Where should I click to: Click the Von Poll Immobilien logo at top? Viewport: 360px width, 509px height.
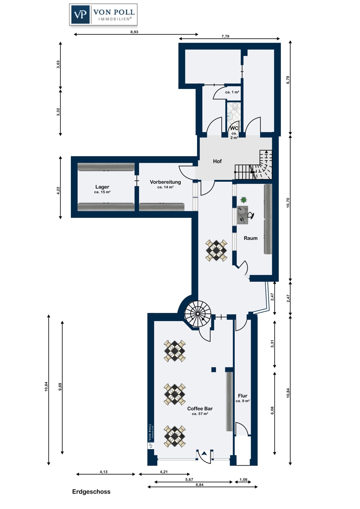103,15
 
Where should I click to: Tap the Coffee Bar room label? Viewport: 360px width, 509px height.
200,409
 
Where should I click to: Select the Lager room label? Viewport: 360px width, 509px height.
102,187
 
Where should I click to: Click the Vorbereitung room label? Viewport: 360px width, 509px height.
165,182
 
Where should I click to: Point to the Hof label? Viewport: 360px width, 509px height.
217,162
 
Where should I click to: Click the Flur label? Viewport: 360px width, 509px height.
242,396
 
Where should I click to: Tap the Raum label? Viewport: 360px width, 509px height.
251,238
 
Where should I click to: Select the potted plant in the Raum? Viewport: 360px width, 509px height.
243,200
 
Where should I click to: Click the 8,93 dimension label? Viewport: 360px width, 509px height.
134,32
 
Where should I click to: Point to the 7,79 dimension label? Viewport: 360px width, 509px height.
225,36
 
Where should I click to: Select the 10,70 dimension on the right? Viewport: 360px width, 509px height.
288,203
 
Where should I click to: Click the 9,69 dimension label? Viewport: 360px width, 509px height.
60,387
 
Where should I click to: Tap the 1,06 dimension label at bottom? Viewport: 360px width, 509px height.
244,479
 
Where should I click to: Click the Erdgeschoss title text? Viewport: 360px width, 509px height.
91,492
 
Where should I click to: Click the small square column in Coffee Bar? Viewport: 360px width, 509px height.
214,370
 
